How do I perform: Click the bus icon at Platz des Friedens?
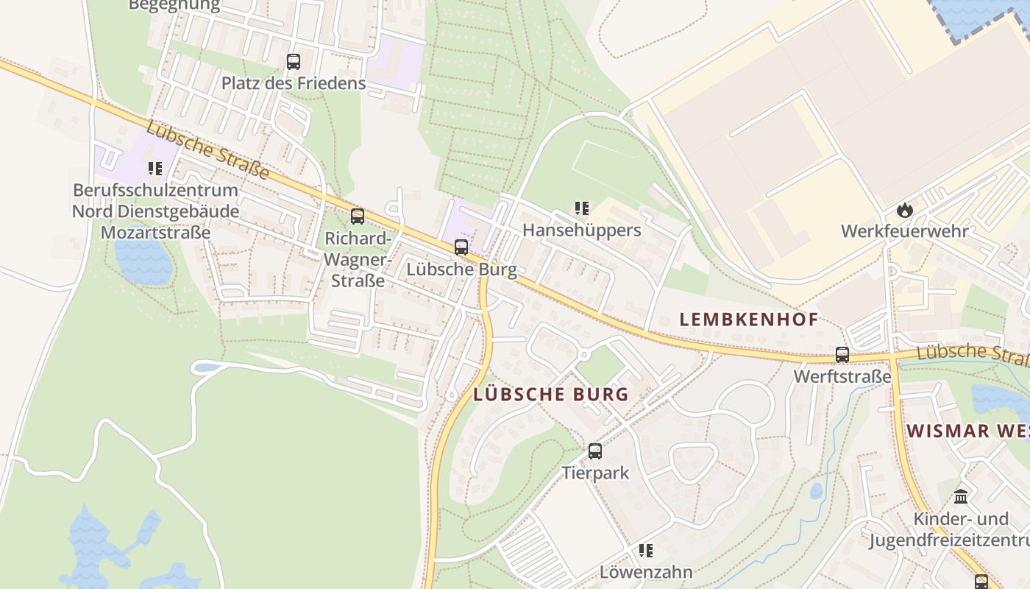[294, 62]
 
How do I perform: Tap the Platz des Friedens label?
[294, 83]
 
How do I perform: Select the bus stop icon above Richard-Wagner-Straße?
[358, 216]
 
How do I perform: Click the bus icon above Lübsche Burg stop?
[461, 247]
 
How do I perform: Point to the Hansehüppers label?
[581, 230]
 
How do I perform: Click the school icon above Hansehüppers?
[582, 208]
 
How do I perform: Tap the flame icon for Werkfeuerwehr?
[904, 210]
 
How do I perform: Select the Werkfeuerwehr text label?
[904, 231]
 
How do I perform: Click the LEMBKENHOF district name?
[748, 320]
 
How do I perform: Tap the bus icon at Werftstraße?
[842, 355]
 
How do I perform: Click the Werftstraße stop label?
[842, 377]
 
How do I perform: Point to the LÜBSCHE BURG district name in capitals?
[551, 395]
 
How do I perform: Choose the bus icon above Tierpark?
[595, 451]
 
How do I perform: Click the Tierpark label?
[595, 473]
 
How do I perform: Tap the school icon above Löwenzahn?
[646, 551]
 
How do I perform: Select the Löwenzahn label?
[646, 572]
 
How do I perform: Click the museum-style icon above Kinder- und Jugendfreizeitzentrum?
[961, 496]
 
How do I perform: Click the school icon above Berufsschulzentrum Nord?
[154, 169]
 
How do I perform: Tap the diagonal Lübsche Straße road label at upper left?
[207, 151]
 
